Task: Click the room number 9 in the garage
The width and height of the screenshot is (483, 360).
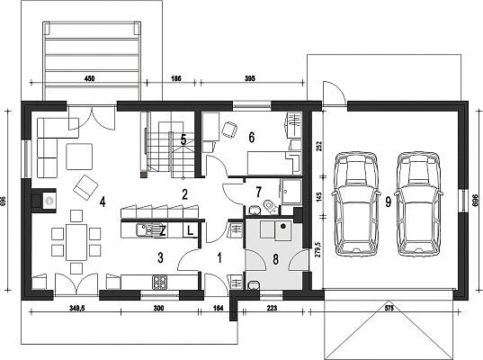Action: [x=389, y=202]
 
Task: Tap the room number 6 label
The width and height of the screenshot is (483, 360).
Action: [x=252, y=138]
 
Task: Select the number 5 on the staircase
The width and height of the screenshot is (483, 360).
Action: [x=183, y=139]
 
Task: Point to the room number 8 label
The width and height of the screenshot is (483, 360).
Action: [x=275, y=259]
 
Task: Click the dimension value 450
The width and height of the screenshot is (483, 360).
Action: [x=89, y=78]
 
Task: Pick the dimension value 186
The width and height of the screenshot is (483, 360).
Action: [x=176, y=78]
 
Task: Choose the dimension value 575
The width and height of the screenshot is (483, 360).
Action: [x=389, y=308]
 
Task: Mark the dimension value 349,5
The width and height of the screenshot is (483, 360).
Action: [x=76, y=308]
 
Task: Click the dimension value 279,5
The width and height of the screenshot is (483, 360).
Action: [x=318, y=249]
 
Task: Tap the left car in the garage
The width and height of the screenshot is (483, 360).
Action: [x=355, y=203]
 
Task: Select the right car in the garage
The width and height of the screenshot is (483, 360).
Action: [x=418, y=203]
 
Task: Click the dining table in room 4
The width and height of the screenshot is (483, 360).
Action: [x=76, y=242]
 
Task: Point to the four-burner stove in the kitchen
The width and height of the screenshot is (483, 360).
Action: [x=160, y=282]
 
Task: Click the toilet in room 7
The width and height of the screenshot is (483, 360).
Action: [x=271, y=206]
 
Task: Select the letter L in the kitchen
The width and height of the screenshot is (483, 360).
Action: [x=191, y=230]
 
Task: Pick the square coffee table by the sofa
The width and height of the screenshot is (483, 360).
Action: [x=79, y=157]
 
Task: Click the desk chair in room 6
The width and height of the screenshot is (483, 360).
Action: [x=229, y=130]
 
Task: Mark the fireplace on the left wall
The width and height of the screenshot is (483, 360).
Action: [x=43, y=201]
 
